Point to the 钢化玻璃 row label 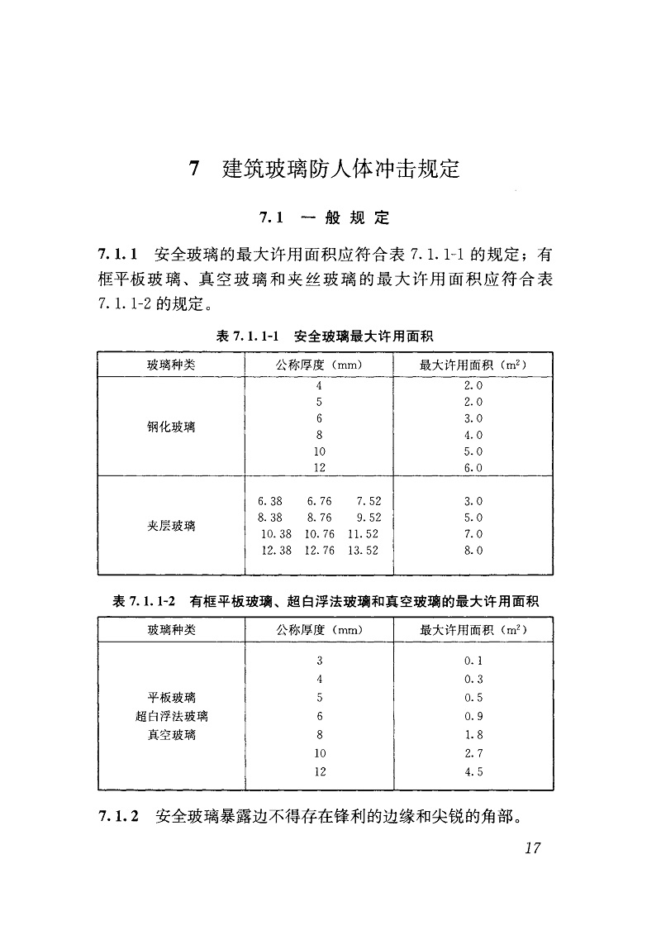pos(172,427)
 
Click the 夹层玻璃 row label pos(172,526)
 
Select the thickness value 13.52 pos(363,551)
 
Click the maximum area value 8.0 pos(473,551)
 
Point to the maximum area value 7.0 pos(473,534)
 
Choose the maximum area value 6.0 pos(473,468)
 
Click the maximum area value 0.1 pos(473,661)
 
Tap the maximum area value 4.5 pos(473,772)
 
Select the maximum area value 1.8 pos(473,735)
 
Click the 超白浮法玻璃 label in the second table pos(172,716)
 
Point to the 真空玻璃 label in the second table pos(172,735)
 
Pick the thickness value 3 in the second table pos(320,661)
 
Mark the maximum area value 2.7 pos(473,753)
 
